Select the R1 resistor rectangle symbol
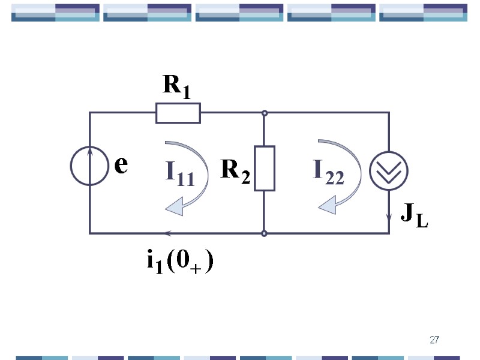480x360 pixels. pyautogui.click(x=178, y=113)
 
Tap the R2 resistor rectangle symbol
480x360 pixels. pyautogui.click(x=264, y=168)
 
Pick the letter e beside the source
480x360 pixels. pyautogui.click(x=121, y=164)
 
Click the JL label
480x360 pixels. pyautogui.click(x=413, y=214)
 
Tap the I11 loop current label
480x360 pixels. pyautogui.click(x=180, y=173)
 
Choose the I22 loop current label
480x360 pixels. pyautogui.click(x=328, y=172)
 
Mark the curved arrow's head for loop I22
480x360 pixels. pyautogui.click(x=328, y=206)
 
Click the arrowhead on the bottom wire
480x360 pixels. pyautogui.click(x=169, y=233)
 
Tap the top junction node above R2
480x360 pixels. pyautogui.click(x=264, y=113)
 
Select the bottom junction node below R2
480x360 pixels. pyautogui.click(x=264, y=233)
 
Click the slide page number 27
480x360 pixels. pyautogui.click(x=434, y=341)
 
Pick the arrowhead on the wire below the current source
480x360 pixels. pyautogui.click(x=389, y=214)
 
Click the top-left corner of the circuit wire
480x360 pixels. pyautogui.click(x=90, y=113)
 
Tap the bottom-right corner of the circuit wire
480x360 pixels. pyautogui.click(x=389, y=233)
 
